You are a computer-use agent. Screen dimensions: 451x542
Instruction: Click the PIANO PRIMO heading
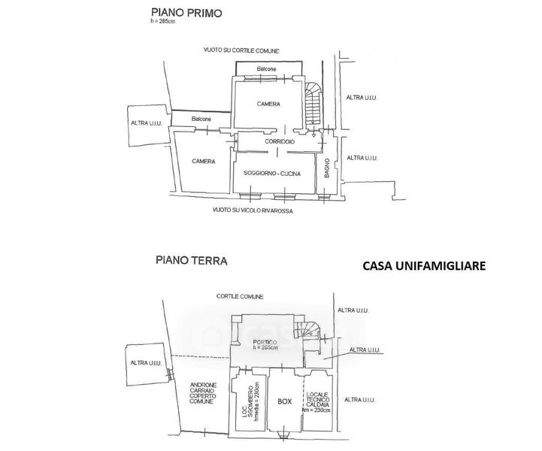point(180,13)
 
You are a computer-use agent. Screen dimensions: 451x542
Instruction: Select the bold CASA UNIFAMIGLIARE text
point(424,265)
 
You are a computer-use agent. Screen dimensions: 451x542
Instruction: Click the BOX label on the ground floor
point(284,401)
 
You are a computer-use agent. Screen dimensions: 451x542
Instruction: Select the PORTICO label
point(267,342)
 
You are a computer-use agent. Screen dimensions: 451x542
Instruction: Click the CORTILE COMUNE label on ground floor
point(238,296)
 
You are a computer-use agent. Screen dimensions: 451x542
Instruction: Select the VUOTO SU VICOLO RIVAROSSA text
point(252,212)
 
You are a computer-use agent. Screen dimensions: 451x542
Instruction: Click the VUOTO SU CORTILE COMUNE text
point(241,50)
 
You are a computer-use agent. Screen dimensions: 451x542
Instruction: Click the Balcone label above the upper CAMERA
point(267,69)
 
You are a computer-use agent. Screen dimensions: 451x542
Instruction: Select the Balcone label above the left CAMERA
point(200,120)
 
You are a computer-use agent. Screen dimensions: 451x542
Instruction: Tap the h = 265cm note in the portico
point(266,349)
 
